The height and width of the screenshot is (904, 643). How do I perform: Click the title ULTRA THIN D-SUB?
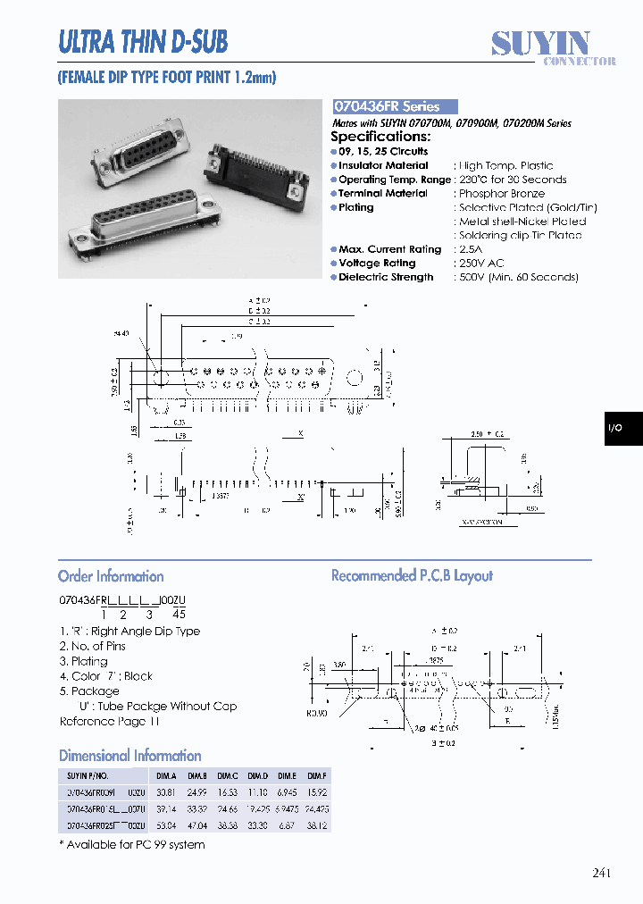point(142,41)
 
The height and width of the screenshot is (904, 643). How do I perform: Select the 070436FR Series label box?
point(394,106)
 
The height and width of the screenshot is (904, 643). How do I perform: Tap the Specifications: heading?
point(380,137)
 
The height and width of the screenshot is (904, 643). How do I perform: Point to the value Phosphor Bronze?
point(501,194)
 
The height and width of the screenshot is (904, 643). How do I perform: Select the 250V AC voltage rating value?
point(481,264)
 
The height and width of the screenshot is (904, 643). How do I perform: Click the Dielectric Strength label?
point(386,278)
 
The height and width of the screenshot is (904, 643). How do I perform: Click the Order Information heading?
point(111,576)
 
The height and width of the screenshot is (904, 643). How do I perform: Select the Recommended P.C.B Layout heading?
point(412,576)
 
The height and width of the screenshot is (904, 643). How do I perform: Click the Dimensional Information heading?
point(129,756)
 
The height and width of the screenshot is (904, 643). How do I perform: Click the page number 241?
point(602,873)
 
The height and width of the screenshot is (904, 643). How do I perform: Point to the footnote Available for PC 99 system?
point(136,844)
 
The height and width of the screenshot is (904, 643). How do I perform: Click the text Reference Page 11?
point(109,722)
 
